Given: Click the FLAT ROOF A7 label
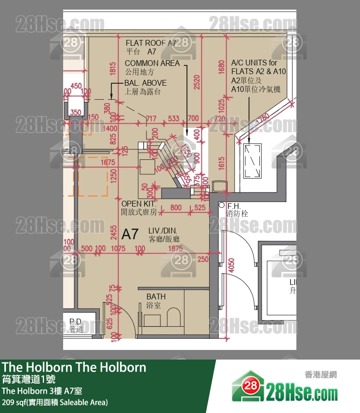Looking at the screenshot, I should tap(151, 43).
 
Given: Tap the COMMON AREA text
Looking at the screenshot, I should tap(152, 63).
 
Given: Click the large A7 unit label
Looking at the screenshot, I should tap(130, 234).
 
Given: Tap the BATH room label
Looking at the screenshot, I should tap(156, 297).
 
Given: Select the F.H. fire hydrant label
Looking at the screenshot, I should tap(234, 206).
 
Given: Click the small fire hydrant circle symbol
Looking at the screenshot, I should tap(222, 206).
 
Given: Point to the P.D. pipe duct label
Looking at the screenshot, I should tap(76, 322).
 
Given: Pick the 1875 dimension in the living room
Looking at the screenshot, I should tap(176, 248).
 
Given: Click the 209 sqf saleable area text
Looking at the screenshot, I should tap(55, 402).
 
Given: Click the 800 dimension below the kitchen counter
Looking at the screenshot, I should tap(176, 208).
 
